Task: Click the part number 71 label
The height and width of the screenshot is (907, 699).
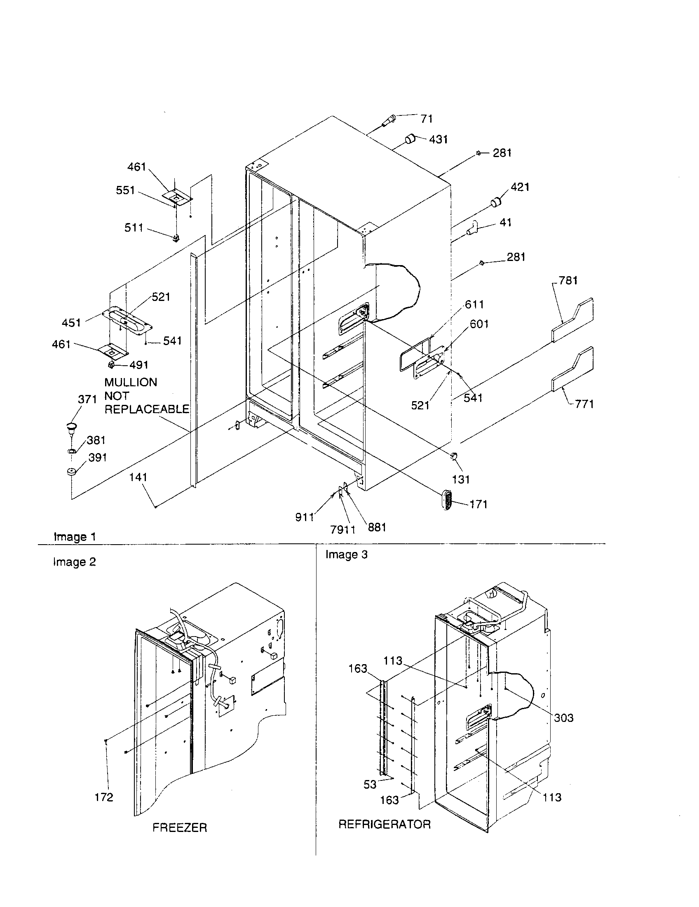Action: pyautogui.click(x=427, y=119)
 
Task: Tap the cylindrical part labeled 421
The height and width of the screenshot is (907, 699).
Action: pyautogui.click(x=496, y=203)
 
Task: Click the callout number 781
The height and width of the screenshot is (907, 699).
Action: pyautogui.click(x=568, y=281)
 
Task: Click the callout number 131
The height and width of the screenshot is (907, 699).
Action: pyautogui.click(x=461, y=479)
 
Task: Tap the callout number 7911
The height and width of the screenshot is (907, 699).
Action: pyautogui.click(x=343, y=529)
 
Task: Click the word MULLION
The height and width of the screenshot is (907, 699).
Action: pyautogui.click(x=131, y=382)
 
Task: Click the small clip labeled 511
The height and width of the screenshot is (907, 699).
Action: pyautogui.click(x=176, y=238)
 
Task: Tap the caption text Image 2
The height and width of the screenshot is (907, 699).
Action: pyautogui.click(x=75, y=562)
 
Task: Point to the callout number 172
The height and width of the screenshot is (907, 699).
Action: pyautogui.click(x=104, y=797)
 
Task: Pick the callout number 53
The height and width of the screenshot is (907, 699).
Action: pyautogui.click(x=370, y=785)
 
